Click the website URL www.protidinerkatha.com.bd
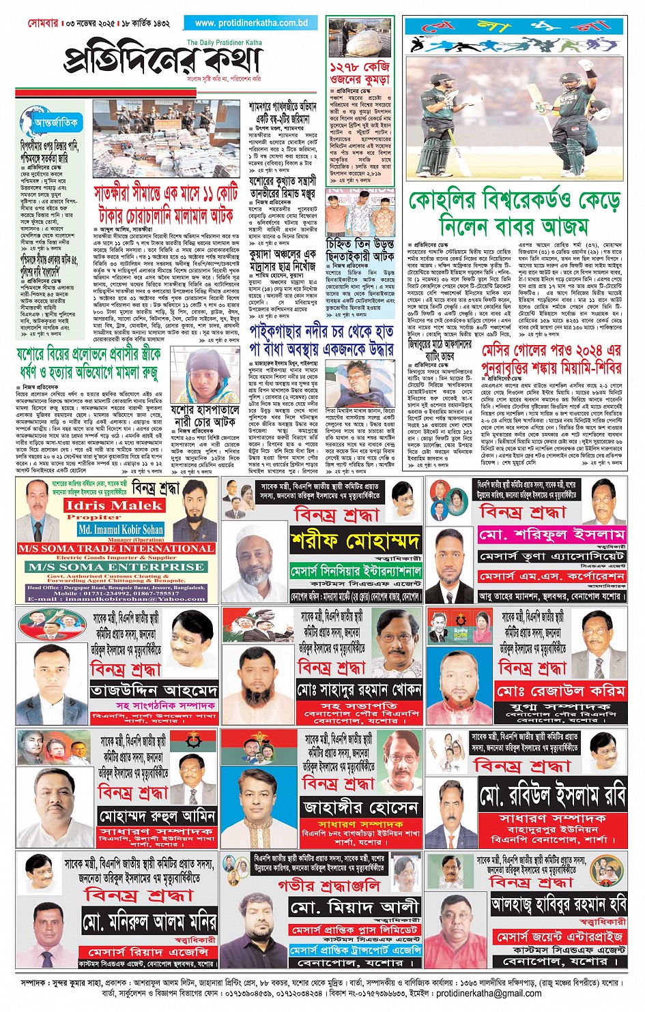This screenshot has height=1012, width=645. coord(251,23)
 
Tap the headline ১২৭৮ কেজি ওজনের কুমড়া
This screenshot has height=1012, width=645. coord(360,74)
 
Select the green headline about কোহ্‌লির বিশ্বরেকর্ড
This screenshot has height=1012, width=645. coord(514,213)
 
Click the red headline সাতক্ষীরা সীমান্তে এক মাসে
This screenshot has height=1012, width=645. coord(166,204)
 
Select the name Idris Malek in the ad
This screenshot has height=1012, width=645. coord(113,505)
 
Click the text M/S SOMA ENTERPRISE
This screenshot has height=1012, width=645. coord(116,567)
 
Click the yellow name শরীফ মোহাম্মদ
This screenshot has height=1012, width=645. coord(355,541)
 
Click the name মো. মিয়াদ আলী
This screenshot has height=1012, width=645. coord(354,907)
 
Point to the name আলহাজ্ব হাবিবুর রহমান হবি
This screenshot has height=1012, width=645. coord(558,904)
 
